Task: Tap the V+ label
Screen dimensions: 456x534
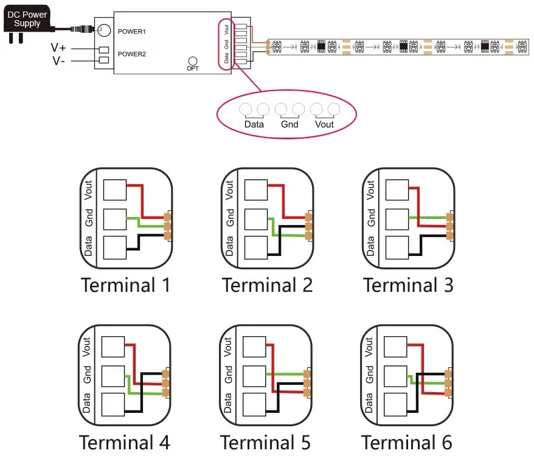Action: click(x=59, y=47)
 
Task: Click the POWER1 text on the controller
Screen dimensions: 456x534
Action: click(x=132, y=30)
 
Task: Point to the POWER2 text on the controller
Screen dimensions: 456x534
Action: click(x=132, y=54)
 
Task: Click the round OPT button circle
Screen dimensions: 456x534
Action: click(x=193, y=61)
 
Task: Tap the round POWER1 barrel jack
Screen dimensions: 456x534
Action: click(x=104, y=30)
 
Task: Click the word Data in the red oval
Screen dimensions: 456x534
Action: click(x=254, y=125)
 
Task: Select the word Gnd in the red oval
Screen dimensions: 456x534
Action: click(x=290, y=125)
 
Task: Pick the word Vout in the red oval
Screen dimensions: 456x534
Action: click(x=324, y=125)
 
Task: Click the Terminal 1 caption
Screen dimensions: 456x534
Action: click(x=125, y=285)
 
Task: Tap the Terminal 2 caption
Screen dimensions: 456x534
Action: click(x=267, y=285)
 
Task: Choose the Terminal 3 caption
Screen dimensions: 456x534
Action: click(x=408, y=285)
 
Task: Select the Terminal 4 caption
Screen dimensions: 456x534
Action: click(x=125, y=442)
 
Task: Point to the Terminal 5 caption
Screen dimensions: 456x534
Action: click(x=265, y=442)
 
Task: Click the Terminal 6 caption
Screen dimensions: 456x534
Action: click(x=407, y=442)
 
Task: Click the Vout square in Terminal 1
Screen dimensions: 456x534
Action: click(x=114, y=190)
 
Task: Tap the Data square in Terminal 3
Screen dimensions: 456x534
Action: click(x=397, y=247)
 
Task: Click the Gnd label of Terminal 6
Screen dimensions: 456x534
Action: click(x=369, y=373)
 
